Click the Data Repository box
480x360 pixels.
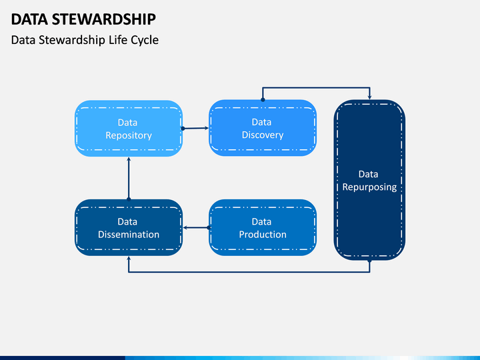(129, 129)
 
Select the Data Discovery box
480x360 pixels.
(263, 128)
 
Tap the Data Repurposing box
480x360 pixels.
(369, 180)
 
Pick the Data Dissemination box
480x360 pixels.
(129, 227)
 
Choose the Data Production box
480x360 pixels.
(263, 227)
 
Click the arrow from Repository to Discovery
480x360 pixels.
(195, 128)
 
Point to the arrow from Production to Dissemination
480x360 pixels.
(197, 227)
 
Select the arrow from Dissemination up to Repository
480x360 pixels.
(129, 179)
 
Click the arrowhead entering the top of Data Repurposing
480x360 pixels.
(370, 97)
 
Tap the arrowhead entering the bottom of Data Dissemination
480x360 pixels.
(129, 259)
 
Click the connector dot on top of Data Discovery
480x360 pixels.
(263, 99)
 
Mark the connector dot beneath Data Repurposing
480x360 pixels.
(369, 261)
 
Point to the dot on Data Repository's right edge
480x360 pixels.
(183, 129)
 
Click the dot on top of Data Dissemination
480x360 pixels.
(129, 199)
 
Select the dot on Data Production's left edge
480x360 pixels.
(209, 227)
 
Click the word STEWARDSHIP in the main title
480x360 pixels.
(104, 19)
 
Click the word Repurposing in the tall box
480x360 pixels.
(369, 187)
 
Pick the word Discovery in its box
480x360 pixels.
(263, 135)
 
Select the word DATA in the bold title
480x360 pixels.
(29, 19)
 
